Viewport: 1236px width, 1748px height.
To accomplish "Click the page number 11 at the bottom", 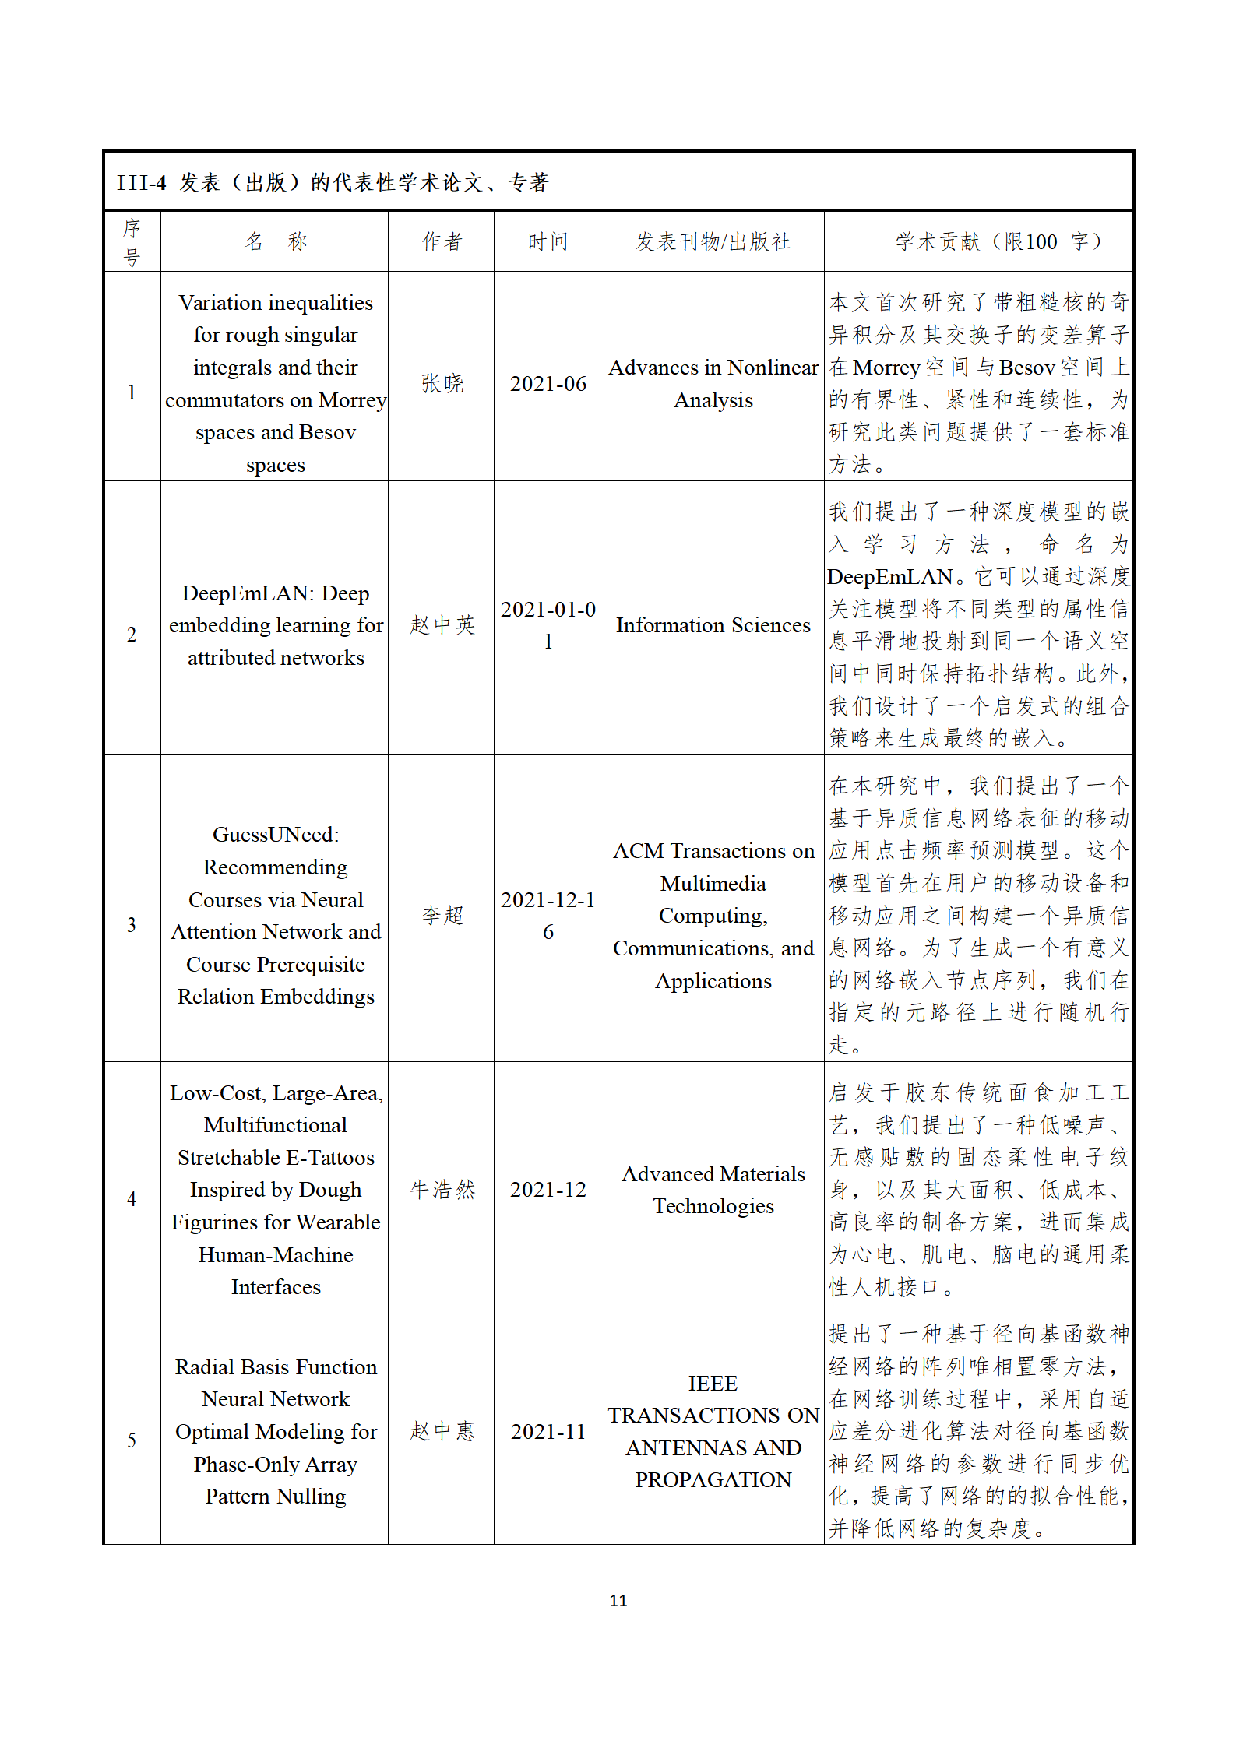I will click(618, 1600).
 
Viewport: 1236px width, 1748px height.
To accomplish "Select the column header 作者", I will click(442, 241).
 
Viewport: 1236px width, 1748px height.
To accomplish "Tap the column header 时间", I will click(548, 241).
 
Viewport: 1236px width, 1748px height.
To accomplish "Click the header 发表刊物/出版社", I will click(713, 241).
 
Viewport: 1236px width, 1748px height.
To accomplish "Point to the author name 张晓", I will click(442, 383).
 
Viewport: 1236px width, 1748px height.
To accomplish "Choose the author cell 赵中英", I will click(442, 624).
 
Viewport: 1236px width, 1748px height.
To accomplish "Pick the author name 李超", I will click(442, 915).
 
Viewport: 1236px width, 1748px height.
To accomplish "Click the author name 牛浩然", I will click(442, 1189).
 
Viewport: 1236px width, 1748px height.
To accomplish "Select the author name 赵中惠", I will click(442, 1430).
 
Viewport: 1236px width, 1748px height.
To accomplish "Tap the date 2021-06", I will click(548, 383).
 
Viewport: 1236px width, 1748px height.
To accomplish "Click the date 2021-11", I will click(548, 1431).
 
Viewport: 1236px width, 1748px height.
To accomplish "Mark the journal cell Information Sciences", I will click(713, 624).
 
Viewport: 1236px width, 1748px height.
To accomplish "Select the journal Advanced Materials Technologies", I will click(713, 1189).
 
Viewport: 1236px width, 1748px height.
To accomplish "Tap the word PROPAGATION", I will click(713, 1479).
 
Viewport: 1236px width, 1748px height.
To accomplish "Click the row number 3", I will click(132, 924).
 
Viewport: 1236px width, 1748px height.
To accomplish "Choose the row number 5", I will click(132, 1440).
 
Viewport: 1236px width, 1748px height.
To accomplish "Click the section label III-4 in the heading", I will click(141, 183).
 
